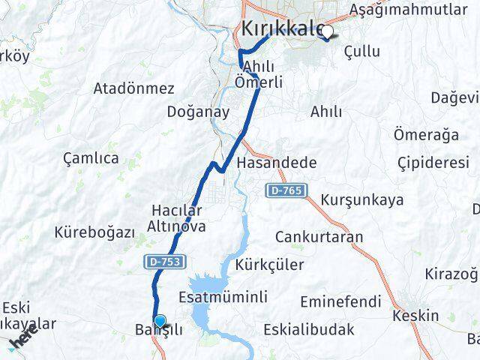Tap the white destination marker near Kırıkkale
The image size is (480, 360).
[327, 31]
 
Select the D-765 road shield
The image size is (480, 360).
[284, 192]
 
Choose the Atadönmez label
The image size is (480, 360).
[133, 88]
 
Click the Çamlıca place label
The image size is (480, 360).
[91, 158]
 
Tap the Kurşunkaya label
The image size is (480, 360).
[361, 200]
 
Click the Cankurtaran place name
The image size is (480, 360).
[319, 237]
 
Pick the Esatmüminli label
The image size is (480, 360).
[223, 297]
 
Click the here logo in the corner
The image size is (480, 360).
[22, 338]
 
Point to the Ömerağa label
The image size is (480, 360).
[426, 134]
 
